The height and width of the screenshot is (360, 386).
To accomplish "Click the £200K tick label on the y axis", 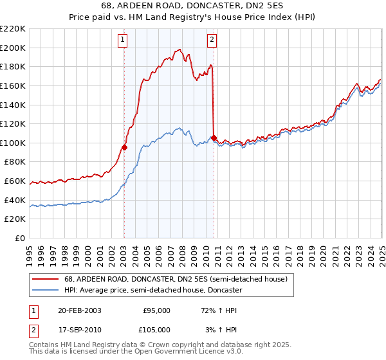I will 13,48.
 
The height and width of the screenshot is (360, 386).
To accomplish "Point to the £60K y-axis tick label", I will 15,181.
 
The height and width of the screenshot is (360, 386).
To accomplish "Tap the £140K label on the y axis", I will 13,105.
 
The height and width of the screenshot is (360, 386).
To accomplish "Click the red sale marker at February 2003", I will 125,147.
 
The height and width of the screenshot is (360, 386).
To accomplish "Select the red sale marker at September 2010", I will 214,138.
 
